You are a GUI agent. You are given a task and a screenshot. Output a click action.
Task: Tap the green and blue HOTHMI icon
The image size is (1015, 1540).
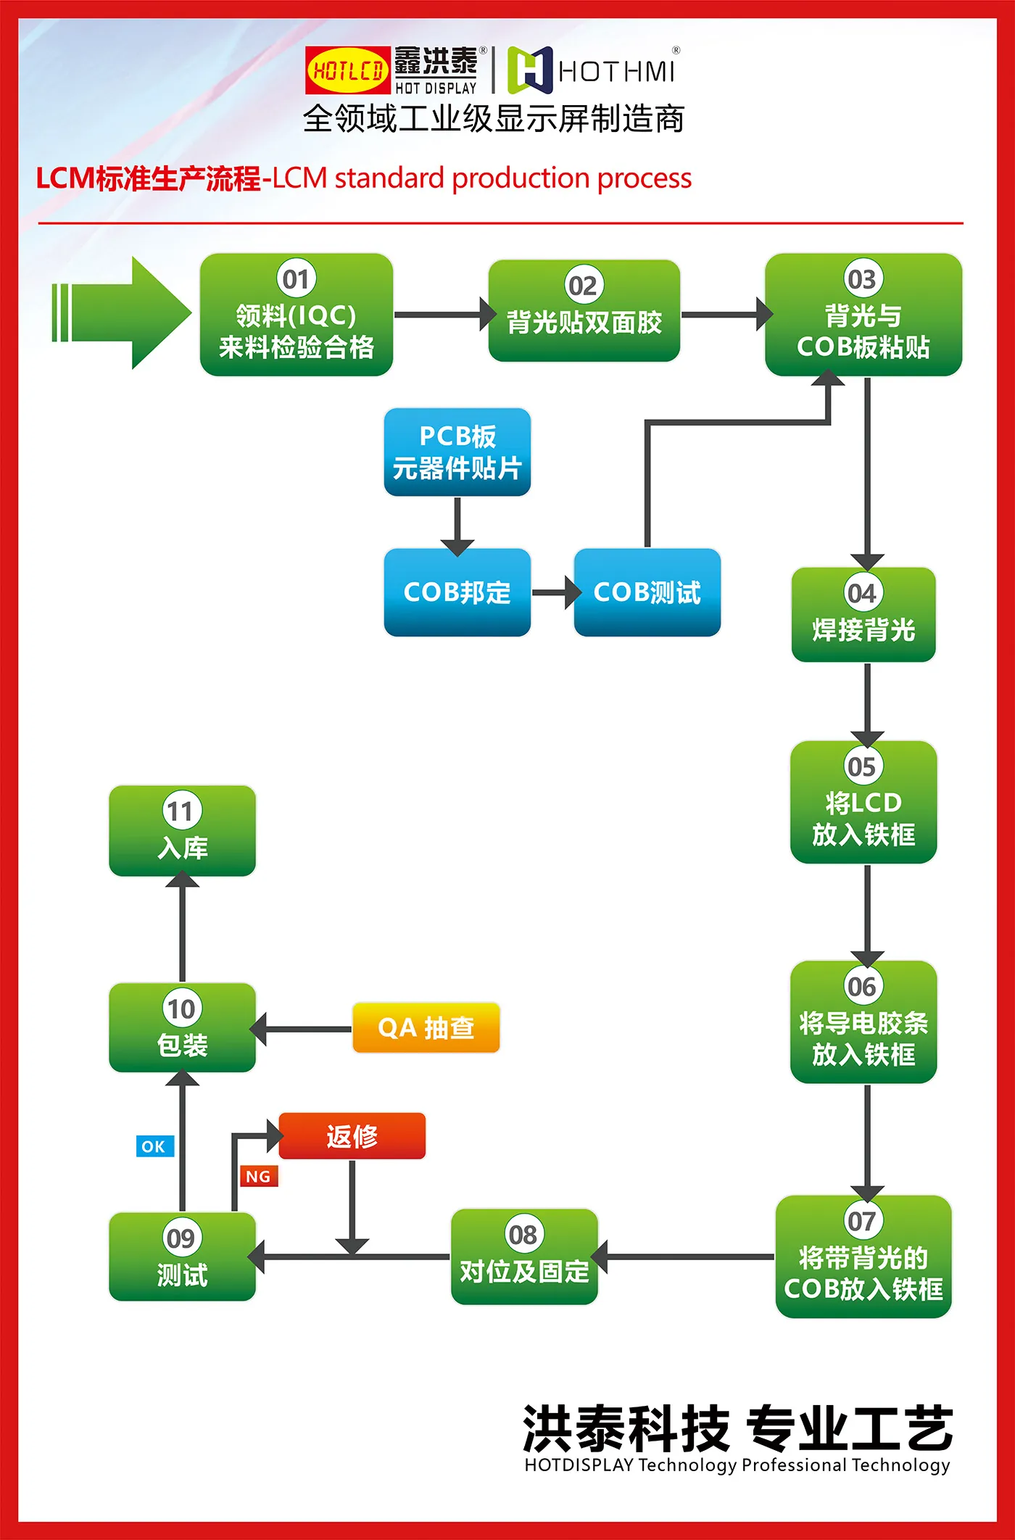(530, 70)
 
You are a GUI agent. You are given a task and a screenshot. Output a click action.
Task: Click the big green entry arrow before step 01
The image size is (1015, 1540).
(123, 312)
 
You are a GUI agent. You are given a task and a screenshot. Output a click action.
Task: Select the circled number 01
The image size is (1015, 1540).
(296, 278)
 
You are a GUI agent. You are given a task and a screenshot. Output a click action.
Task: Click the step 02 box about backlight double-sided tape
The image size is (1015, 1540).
(584, 311)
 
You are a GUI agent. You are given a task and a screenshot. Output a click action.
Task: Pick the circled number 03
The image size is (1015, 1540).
(862, 279)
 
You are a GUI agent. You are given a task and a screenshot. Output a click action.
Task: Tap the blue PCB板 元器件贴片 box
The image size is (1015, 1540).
(457, 452)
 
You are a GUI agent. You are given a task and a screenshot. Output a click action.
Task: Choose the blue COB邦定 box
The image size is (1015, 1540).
(457, 592)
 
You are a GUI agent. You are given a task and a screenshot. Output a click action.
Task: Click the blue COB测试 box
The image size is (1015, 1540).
(647, 592)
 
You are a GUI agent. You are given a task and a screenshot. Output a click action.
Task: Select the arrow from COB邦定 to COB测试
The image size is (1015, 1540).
(555, 592)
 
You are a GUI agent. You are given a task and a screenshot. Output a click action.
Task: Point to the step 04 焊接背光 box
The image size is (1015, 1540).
(863, 615)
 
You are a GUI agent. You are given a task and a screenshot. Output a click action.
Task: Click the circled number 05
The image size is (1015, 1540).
(862, 766)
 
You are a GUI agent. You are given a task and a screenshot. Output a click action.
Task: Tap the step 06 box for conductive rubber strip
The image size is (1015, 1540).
(863, 1022)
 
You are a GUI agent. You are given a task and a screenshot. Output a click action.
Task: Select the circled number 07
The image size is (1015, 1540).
(862, 1221)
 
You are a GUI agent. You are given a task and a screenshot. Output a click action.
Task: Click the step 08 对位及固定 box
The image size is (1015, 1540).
(524, 1257)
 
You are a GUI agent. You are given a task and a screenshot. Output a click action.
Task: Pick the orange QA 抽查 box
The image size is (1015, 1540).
(426, 1027)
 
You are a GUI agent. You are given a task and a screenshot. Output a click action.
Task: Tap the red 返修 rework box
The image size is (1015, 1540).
(352, 1136)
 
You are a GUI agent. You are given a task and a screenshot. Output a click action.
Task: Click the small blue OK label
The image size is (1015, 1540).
(154, 1146)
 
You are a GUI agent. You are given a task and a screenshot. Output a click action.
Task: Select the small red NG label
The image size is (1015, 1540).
(259, 1176)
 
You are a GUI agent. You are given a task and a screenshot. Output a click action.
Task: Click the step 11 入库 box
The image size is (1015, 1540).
(182, 831)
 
